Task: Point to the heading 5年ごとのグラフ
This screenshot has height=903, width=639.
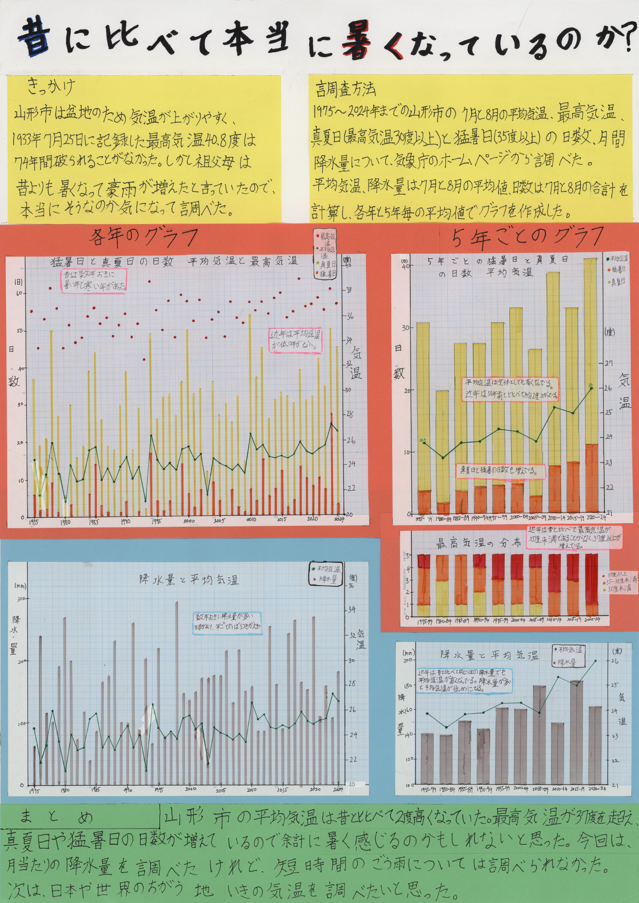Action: (528, 237)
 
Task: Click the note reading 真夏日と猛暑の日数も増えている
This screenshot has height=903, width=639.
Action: (500, 471)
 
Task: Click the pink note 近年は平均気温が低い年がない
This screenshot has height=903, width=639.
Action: (295, 340)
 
